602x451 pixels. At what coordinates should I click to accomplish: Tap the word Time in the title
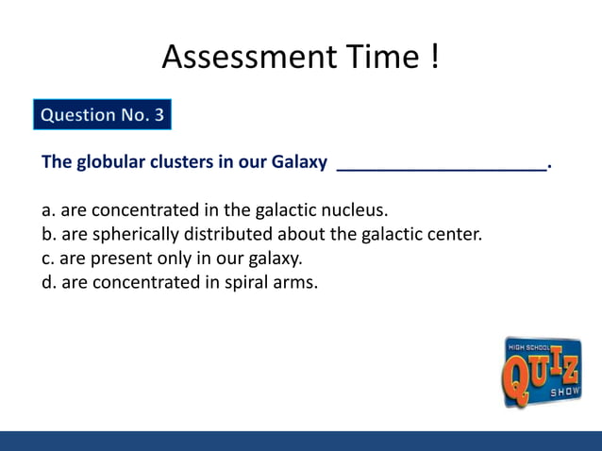(369, 58)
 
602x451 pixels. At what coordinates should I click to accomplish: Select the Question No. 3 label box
(102, 115)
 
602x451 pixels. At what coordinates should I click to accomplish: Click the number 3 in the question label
(159, 115)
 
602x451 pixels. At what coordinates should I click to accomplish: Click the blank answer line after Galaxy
(442, 167)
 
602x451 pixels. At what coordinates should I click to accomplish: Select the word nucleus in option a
(355, 209)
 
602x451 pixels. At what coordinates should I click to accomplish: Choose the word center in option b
(454, 234)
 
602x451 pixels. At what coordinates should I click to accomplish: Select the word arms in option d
(293, 282)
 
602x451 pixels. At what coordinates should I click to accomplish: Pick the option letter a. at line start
(48, 209)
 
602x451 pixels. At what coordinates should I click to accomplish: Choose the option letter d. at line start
(49, 282)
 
